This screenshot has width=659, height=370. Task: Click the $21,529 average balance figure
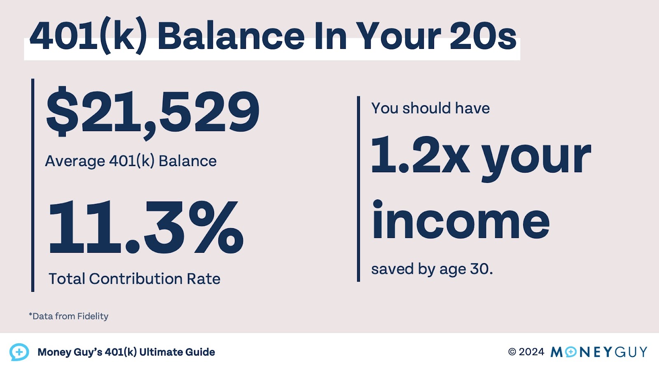tap(152, 112)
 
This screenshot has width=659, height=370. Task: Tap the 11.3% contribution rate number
tap(146, 227)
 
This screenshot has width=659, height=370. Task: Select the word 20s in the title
tap(483, 36)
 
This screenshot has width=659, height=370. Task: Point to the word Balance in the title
tap(231, 36)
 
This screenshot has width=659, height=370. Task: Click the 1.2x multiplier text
tap(420, 155)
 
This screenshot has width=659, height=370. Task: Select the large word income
tap(460, 221)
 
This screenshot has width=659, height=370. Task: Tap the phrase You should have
tap(430, 108)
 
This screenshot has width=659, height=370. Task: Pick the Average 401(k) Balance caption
tap(131, 161)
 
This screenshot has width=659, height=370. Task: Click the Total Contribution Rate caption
tap(134, 279)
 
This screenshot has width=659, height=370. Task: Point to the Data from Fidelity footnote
tap(69, 316)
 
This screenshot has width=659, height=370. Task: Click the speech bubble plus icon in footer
tap(19, 352)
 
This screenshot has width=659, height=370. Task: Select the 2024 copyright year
tap(531, 352)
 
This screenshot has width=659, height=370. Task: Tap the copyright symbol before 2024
tap(512, 352)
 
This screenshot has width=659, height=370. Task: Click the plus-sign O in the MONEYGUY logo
tap(571, 352)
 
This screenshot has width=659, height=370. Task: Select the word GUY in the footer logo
tap(631, 352)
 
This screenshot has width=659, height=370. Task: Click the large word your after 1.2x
tap(536, 158)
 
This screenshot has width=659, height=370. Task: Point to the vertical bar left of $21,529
tap(33, 185)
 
